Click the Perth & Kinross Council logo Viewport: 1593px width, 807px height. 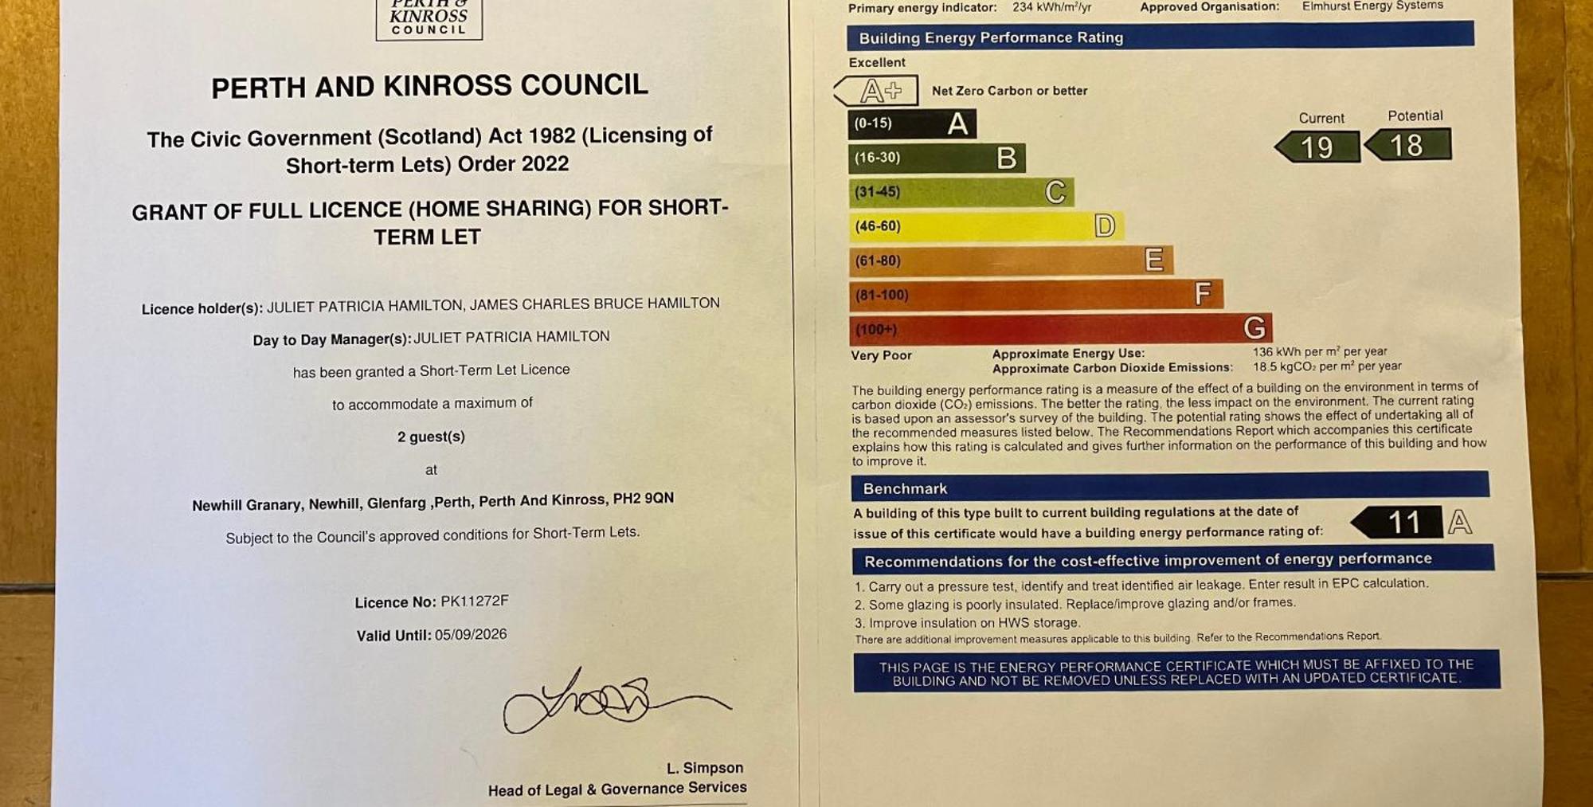tap(429, 18)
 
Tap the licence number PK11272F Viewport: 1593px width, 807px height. tap(474, 601)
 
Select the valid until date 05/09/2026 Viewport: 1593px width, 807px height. tap(470, 635)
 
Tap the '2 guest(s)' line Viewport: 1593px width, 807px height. tap(431, 437)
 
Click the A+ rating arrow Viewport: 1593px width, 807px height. tap(877, 91)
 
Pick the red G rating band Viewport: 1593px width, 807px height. tap(1060, 328)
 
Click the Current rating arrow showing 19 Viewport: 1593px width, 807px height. tap(1317, 147)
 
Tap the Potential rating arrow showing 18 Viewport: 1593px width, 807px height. tap(1407, 146)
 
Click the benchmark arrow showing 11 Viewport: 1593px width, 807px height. tap(1398, 523)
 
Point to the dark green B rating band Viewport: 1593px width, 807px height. tap(936, 158)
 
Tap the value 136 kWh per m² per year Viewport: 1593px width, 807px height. tap(1319, 351)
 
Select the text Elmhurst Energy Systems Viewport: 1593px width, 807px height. tap(1372, 6)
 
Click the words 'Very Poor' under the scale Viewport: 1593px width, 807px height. tap(881, 355)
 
